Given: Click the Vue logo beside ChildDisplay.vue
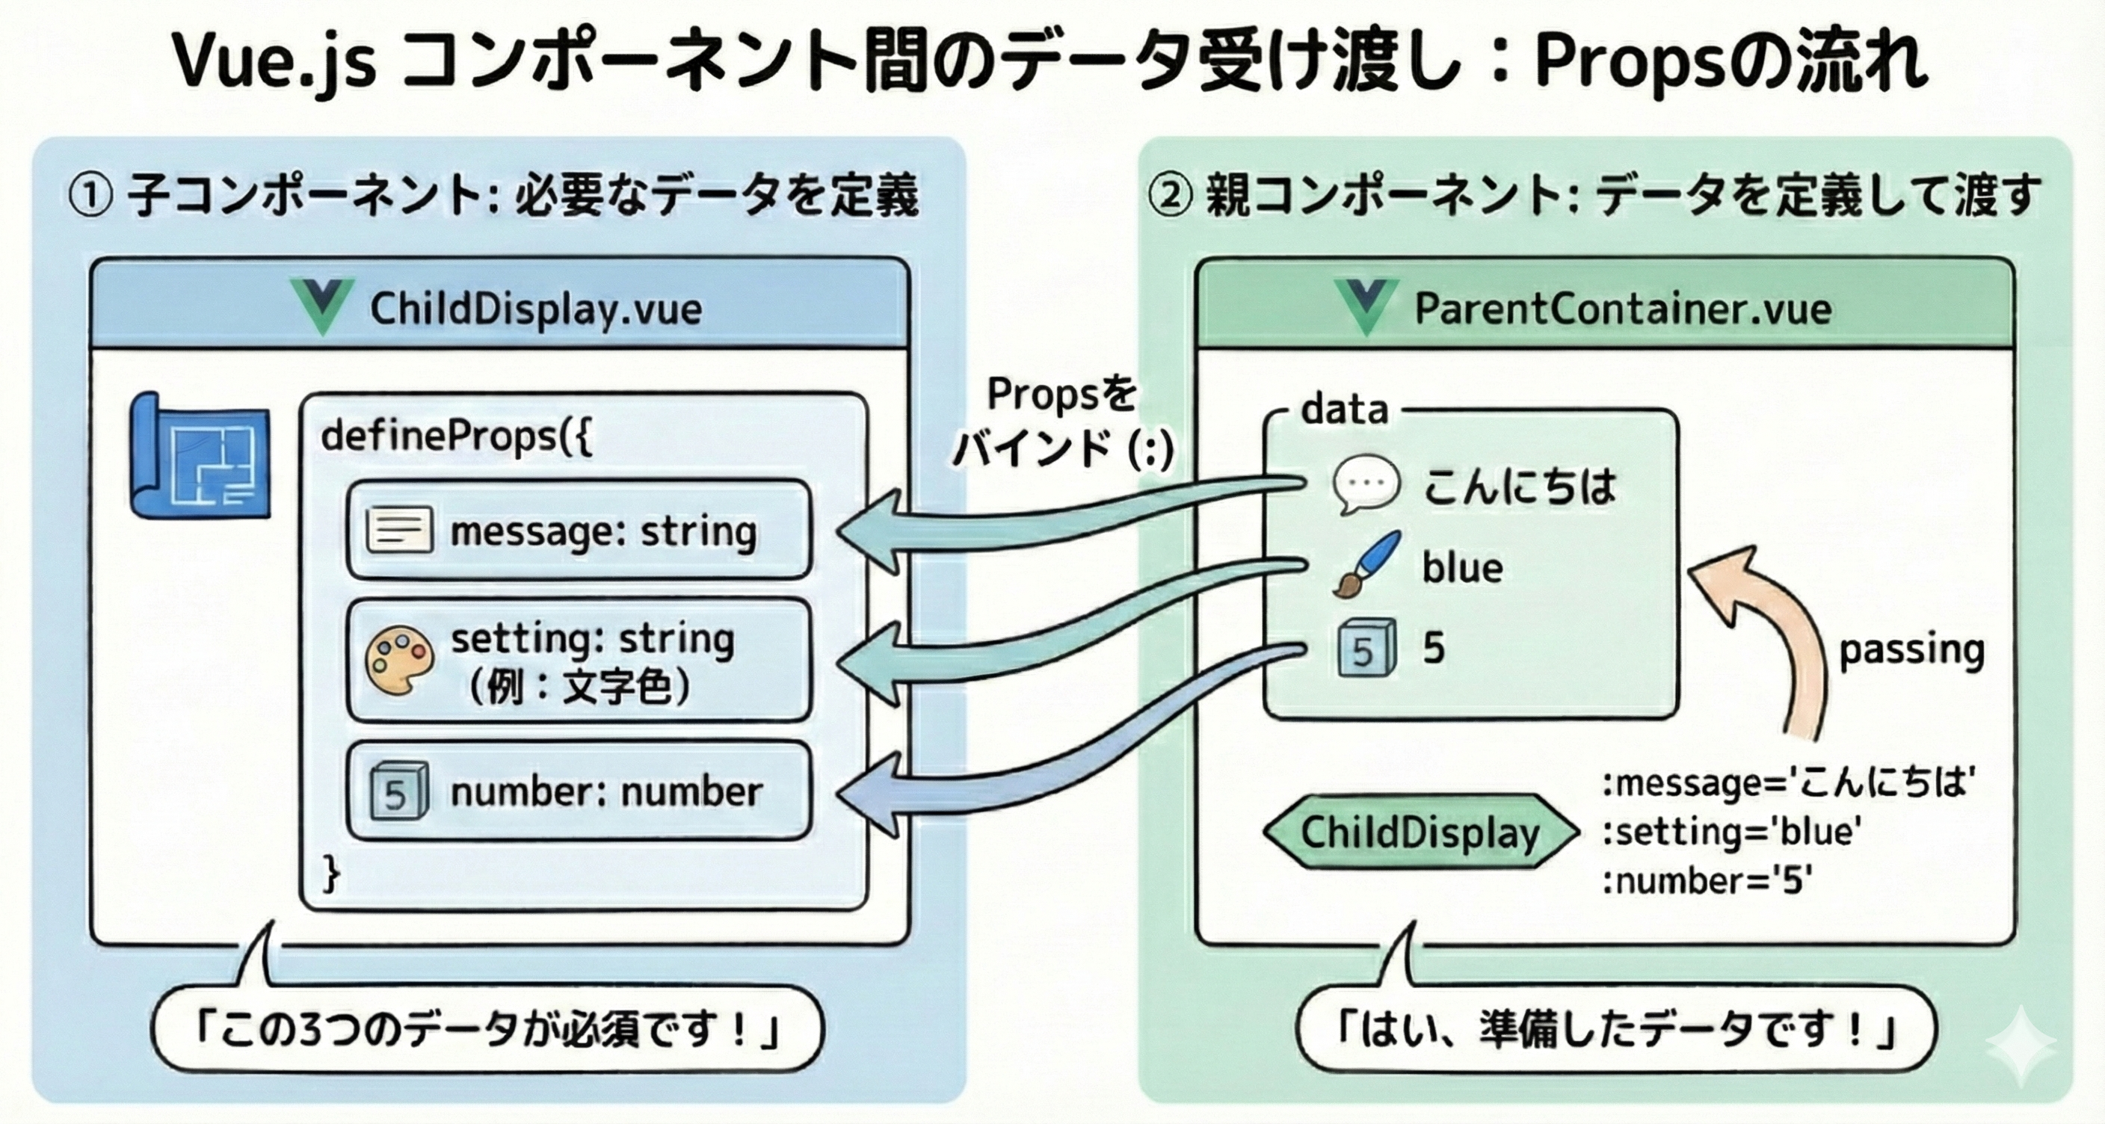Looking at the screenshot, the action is tap(323, 306).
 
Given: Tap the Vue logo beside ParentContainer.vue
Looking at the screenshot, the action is tap(1366, 306).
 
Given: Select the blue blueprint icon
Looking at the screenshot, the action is tap(200, 456).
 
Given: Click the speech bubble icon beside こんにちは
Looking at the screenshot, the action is tap(1366, 484).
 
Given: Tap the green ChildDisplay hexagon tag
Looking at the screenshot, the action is tap(1420, 833).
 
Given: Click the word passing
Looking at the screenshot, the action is tap(1911, 651).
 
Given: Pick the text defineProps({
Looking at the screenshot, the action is tap(457, 436).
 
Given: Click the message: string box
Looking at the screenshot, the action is tap(579, 530).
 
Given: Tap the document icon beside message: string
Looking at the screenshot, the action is tap(398, 530).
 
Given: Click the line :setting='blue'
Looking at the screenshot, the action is tap(1733, 833).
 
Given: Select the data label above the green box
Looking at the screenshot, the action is tap(1344, 410).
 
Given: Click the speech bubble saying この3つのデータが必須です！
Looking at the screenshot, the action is tap(487, 1029).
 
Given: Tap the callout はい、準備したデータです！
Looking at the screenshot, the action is tap(1616, 1029).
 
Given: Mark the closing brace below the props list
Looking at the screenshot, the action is tap(331, 875).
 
